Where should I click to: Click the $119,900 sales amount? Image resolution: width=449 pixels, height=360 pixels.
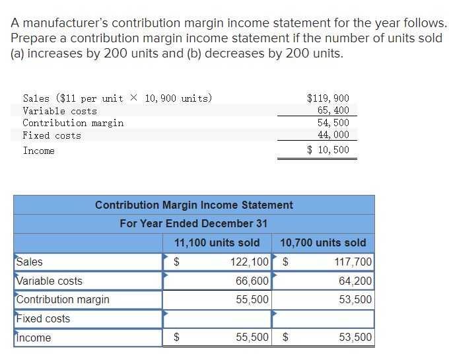tap(328, 98)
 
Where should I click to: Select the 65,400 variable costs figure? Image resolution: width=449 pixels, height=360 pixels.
tap(333, 110)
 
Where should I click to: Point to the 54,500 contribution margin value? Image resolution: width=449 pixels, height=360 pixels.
tap(333, 123)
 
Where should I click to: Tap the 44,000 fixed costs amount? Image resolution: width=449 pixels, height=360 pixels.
tap(333, 135)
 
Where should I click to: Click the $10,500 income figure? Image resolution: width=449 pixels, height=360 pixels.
tap(328, 150)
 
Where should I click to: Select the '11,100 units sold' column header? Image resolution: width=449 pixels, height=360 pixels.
tap(217, 242)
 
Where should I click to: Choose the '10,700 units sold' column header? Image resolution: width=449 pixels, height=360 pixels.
tap(323, 242)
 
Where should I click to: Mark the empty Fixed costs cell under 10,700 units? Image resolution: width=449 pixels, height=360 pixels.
tap(323, 319)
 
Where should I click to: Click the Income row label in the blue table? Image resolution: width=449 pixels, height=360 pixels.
tap(34, 338)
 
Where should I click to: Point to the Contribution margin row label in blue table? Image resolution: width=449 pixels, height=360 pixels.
tap(63, 300)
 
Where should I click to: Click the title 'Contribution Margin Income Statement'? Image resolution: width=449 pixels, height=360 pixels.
tap(194, 205)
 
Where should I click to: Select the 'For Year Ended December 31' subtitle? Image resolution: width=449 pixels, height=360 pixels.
tap(193, 223)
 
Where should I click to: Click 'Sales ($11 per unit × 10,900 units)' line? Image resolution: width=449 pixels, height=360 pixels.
tap(118, 98)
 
